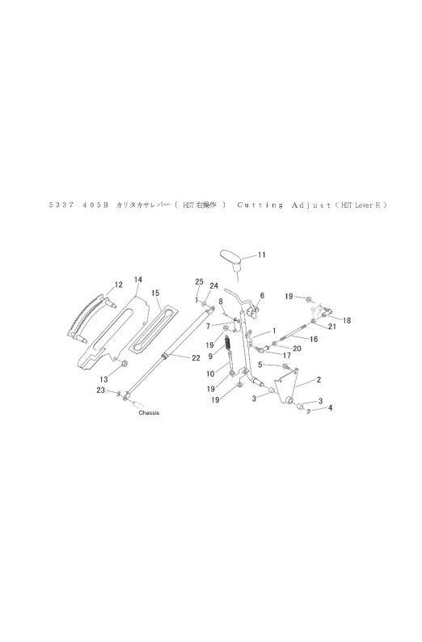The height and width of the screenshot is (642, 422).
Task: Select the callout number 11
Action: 261,255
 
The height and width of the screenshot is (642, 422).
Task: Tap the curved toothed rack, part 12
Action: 82,317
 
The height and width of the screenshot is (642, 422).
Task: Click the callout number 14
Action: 138,280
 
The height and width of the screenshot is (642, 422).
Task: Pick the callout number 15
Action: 156,293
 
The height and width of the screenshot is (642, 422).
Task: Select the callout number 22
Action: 196,358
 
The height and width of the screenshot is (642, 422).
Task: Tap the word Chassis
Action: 149,413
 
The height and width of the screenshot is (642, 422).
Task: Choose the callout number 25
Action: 199,281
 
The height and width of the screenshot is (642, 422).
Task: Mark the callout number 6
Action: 262,296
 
